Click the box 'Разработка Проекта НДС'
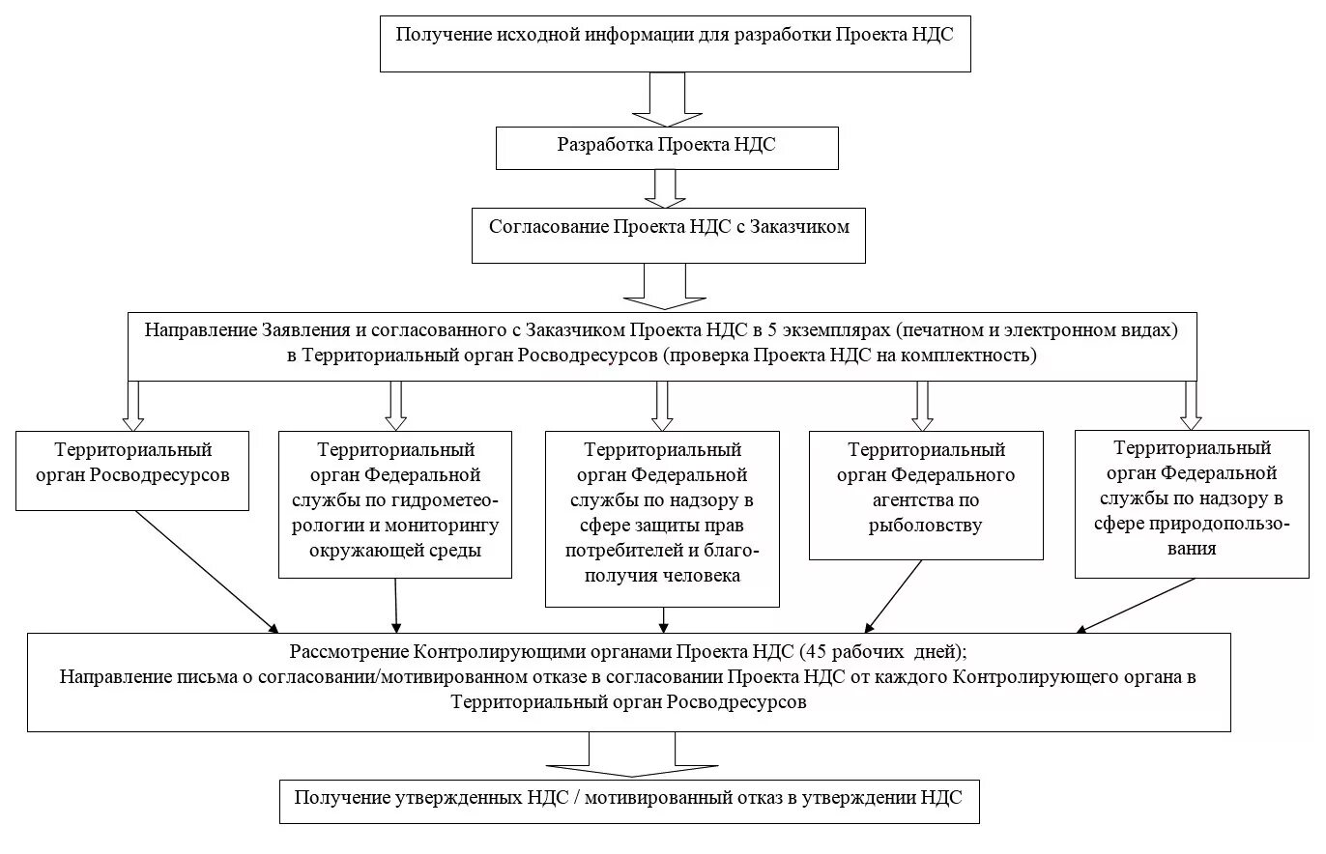tap(667, 148)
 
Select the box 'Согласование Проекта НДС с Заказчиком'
tap(668, 235)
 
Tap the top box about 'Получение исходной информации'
tap(675, 43)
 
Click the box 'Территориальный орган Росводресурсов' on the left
tap(133, 470)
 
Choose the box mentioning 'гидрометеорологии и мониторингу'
tap(395, 504)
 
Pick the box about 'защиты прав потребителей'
tap(662, 519)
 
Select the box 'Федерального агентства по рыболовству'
tap(926, 495)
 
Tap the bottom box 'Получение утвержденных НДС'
tap(629, 801)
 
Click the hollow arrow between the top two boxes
tap(667, 100)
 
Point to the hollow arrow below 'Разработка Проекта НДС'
tap(664, 188)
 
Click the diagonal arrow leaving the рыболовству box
tap(894, 595)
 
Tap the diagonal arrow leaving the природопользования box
tap(1138, 605)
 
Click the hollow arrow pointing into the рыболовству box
tap(922, 405)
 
